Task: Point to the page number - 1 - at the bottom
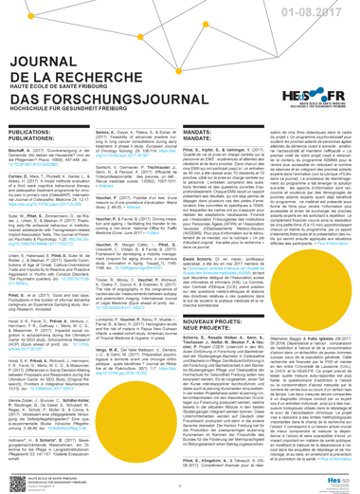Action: (x=179, y=484)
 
